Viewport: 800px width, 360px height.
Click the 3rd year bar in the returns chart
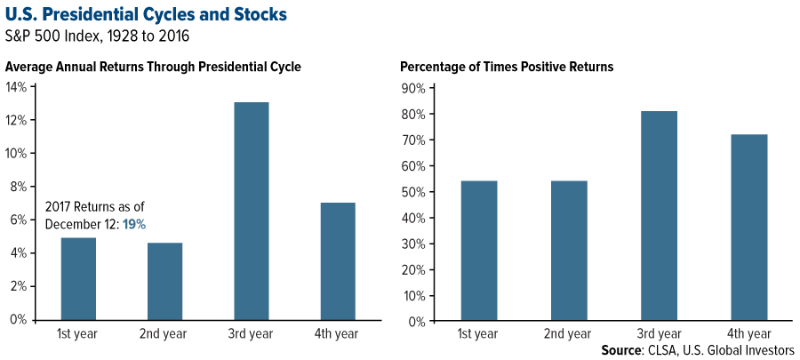click(x=251, y=211)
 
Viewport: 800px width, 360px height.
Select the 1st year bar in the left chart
click(x=78, y=279)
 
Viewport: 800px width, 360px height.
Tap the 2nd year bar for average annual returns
click(x=164, y=282)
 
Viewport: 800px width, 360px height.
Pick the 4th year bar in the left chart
click(x=338, y=261)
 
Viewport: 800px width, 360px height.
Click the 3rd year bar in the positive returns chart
click(x=659, y=216)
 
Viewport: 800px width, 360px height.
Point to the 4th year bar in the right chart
click(x=749, y=228)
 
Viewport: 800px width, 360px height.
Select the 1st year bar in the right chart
click(x=478, y=251)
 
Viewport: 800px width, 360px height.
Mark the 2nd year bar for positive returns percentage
click(x=569, y=251)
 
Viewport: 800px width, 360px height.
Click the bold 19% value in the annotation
click(x=134, y=224)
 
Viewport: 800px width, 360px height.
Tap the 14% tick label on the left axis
click(x=16, y=87)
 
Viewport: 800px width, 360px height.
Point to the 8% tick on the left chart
click(x=20, y=187)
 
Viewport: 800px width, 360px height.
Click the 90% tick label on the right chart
click(x=413, y=89)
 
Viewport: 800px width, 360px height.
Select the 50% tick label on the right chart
click(x=413, y=192)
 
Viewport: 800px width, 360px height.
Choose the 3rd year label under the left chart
click(x=251, y=334)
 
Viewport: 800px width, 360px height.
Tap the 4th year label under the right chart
click(x=749, y=334)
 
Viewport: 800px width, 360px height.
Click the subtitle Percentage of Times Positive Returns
click(x=507, y=68)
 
